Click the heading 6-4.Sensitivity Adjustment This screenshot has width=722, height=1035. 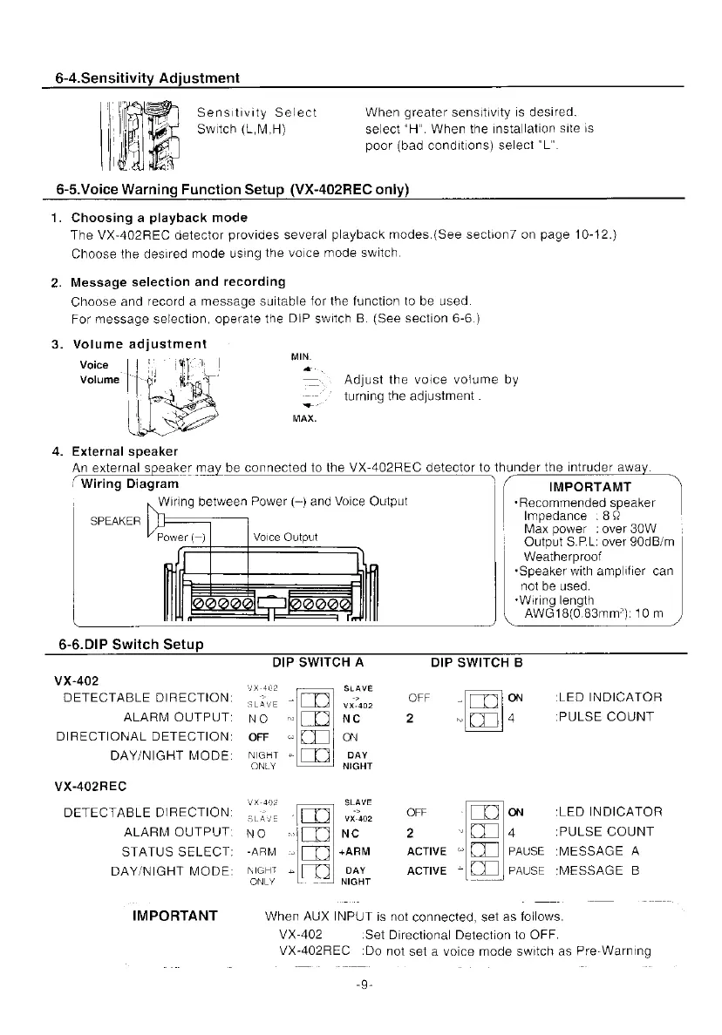click(x=142, y=78)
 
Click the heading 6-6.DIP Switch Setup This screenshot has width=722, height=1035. click(x=131, y=645)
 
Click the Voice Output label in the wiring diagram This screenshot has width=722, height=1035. click(x=285, y=537)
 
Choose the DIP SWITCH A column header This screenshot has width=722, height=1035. click(x=317, y=661)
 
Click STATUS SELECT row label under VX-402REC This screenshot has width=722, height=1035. click(x=177, y=851)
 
